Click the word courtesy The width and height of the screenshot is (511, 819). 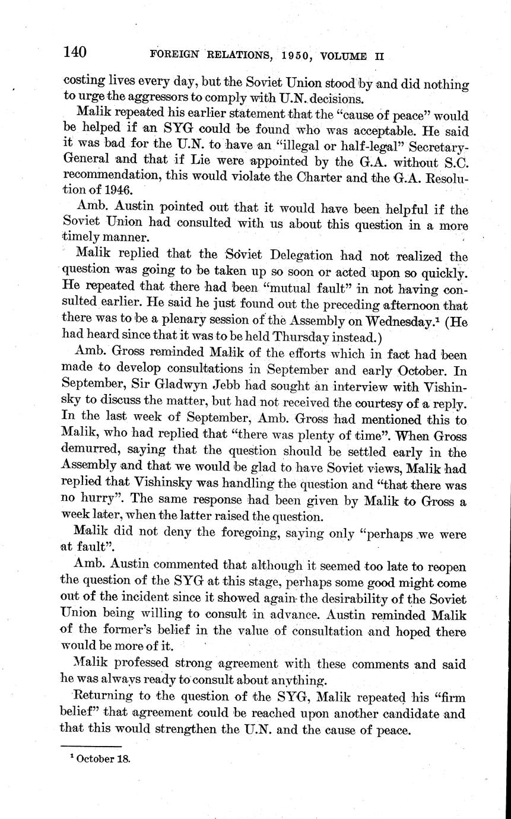(x=373, y=403)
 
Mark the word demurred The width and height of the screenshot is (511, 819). (x=91, y=452)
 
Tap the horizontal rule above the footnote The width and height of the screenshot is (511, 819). (x=91, y=746)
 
